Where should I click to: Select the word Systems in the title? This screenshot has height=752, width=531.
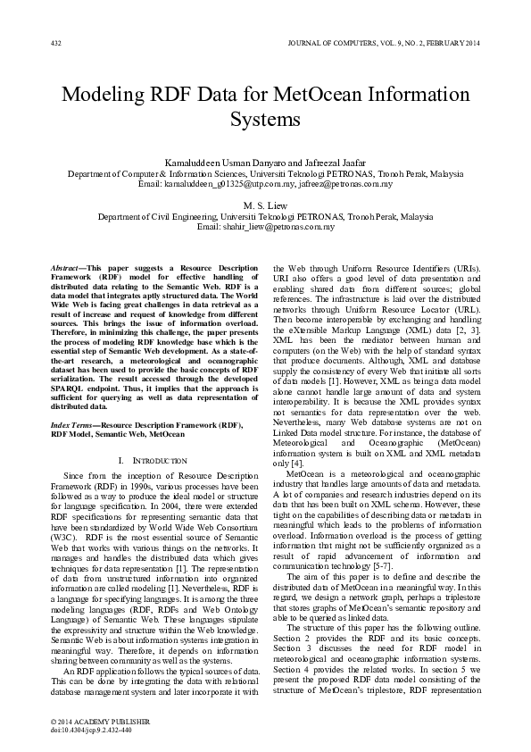pyautogui.click(x=265, y=119)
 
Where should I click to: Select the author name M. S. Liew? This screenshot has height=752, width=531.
pyautogui.click(x=265, y=205)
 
